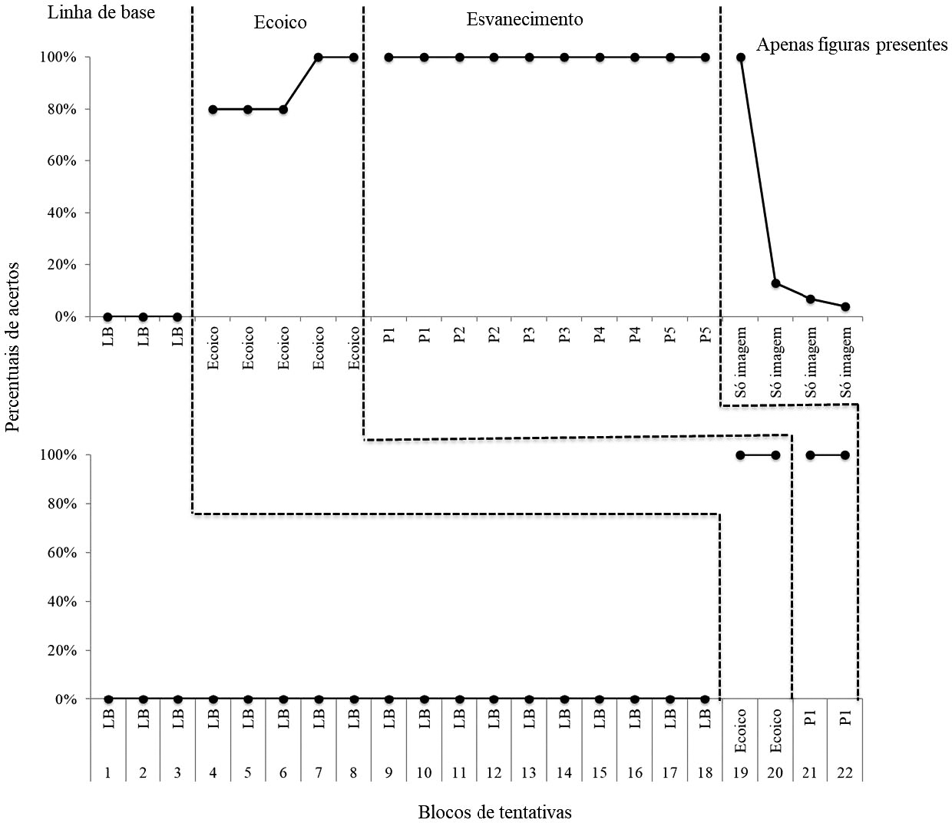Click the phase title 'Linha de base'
coord(101,12)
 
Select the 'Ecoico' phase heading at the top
coord(280,22)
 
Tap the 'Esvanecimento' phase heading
coord(524,19)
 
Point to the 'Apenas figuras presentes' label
coord(851,45)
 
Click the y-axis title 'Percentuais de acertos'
coord(12,347)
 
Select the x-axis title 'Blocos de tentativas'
coord(494,811)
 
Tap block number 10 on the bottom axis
coord(424,772)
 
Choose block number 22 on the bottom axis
coord(845,772)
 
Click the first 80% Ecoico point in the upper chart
coord(213,109)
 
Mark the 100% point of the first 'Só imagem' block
coord(741,57)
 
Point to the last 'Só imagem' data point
coord(845,306)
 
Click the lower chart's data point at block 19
coord(740,455)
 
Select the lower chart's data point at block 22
coord(845,455)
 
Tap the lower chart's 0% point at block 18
coord(705,699)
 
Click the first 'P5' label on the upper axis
coord(670,335)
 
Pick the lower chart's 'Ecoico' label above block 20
coord(775,730)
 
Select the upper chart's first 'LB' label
coord(107,335)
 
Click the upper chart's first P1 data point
coord(388,57)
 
